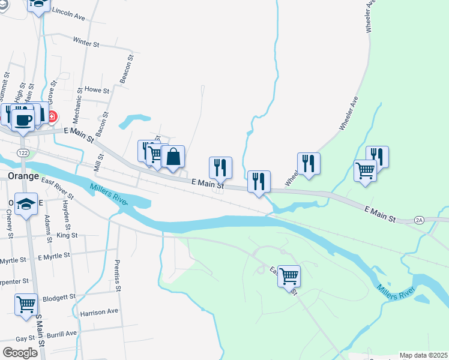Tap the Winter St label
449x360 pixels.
86,43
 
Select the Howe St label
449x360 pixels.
97,90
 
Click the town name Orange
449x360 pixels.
23,176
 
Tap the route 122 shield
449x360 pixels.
23,153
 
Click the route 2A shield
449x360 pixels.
419,221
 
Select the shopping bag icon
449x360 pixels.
173,157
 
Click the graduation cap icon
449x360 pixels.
26,204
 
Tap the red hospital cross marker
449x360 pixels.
52,116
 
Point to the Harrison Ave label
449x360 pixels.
99,312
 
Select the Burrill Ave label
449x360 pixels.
63,334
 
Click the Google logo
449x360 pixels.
20,353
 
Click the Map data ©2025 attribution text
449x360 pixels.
423,355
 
